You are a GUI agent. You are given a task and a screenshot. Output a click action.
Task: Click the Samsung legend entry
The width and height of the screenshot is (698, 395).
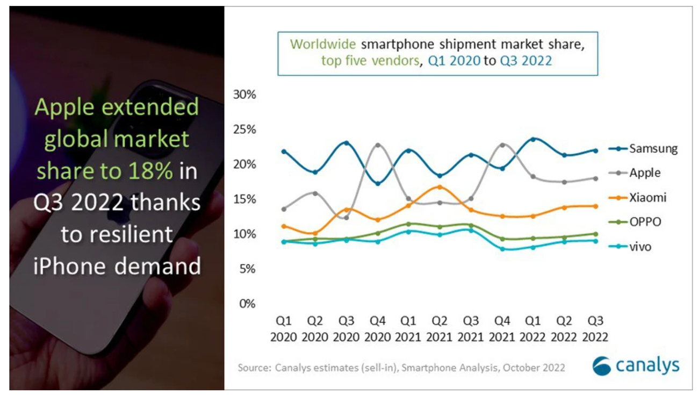tap(645, 149)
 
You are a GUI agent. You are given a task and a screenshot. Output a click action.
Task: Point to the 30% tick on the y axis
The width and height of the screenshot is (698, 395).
tap(244, 95)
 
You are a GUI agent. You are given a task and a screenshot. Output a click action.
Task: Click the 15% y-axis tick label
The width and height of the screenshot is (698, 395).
tap(244, 199)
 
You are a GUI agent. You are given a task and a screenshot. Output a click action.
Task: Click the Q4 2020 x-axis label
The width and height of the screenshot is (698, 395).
tap(378, 329)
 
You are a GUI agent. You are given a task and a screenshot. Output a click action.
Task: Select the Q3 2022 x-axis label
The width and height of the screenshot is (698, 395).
tap(595, 329)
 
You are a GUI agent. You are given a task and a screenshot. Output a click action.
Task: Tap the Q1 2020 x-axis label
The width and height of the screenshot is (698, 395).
tap(284, 329)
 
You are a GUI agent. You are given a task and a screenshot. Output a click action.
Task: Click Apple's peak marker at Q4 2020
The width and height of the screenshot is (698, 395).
tap(378, 145)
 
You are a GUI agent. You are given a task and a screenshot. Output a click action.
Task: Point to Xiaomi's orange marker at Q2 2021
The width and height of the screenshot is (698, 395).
tap(440, 187)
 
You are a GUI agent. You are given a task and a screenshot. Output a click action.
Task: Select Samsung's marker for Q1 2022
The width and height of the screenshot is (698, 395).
tap(533, 139)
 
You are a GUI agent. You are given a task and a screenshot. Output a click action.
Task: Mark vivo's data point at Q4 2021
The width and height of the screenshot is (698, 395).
tap(502, 249)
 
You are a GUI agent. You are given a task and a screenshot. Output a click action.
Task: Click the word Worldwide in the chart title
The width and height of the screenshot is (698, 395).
tap(324, 44)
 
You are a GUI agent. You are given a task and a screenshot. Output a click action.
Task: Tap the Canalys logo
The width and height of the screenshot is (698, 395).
tap(636, 366)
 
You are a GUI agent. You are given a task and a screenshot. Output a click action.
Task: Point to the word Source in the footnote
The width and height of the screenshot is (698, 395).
tap(254, 368)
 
